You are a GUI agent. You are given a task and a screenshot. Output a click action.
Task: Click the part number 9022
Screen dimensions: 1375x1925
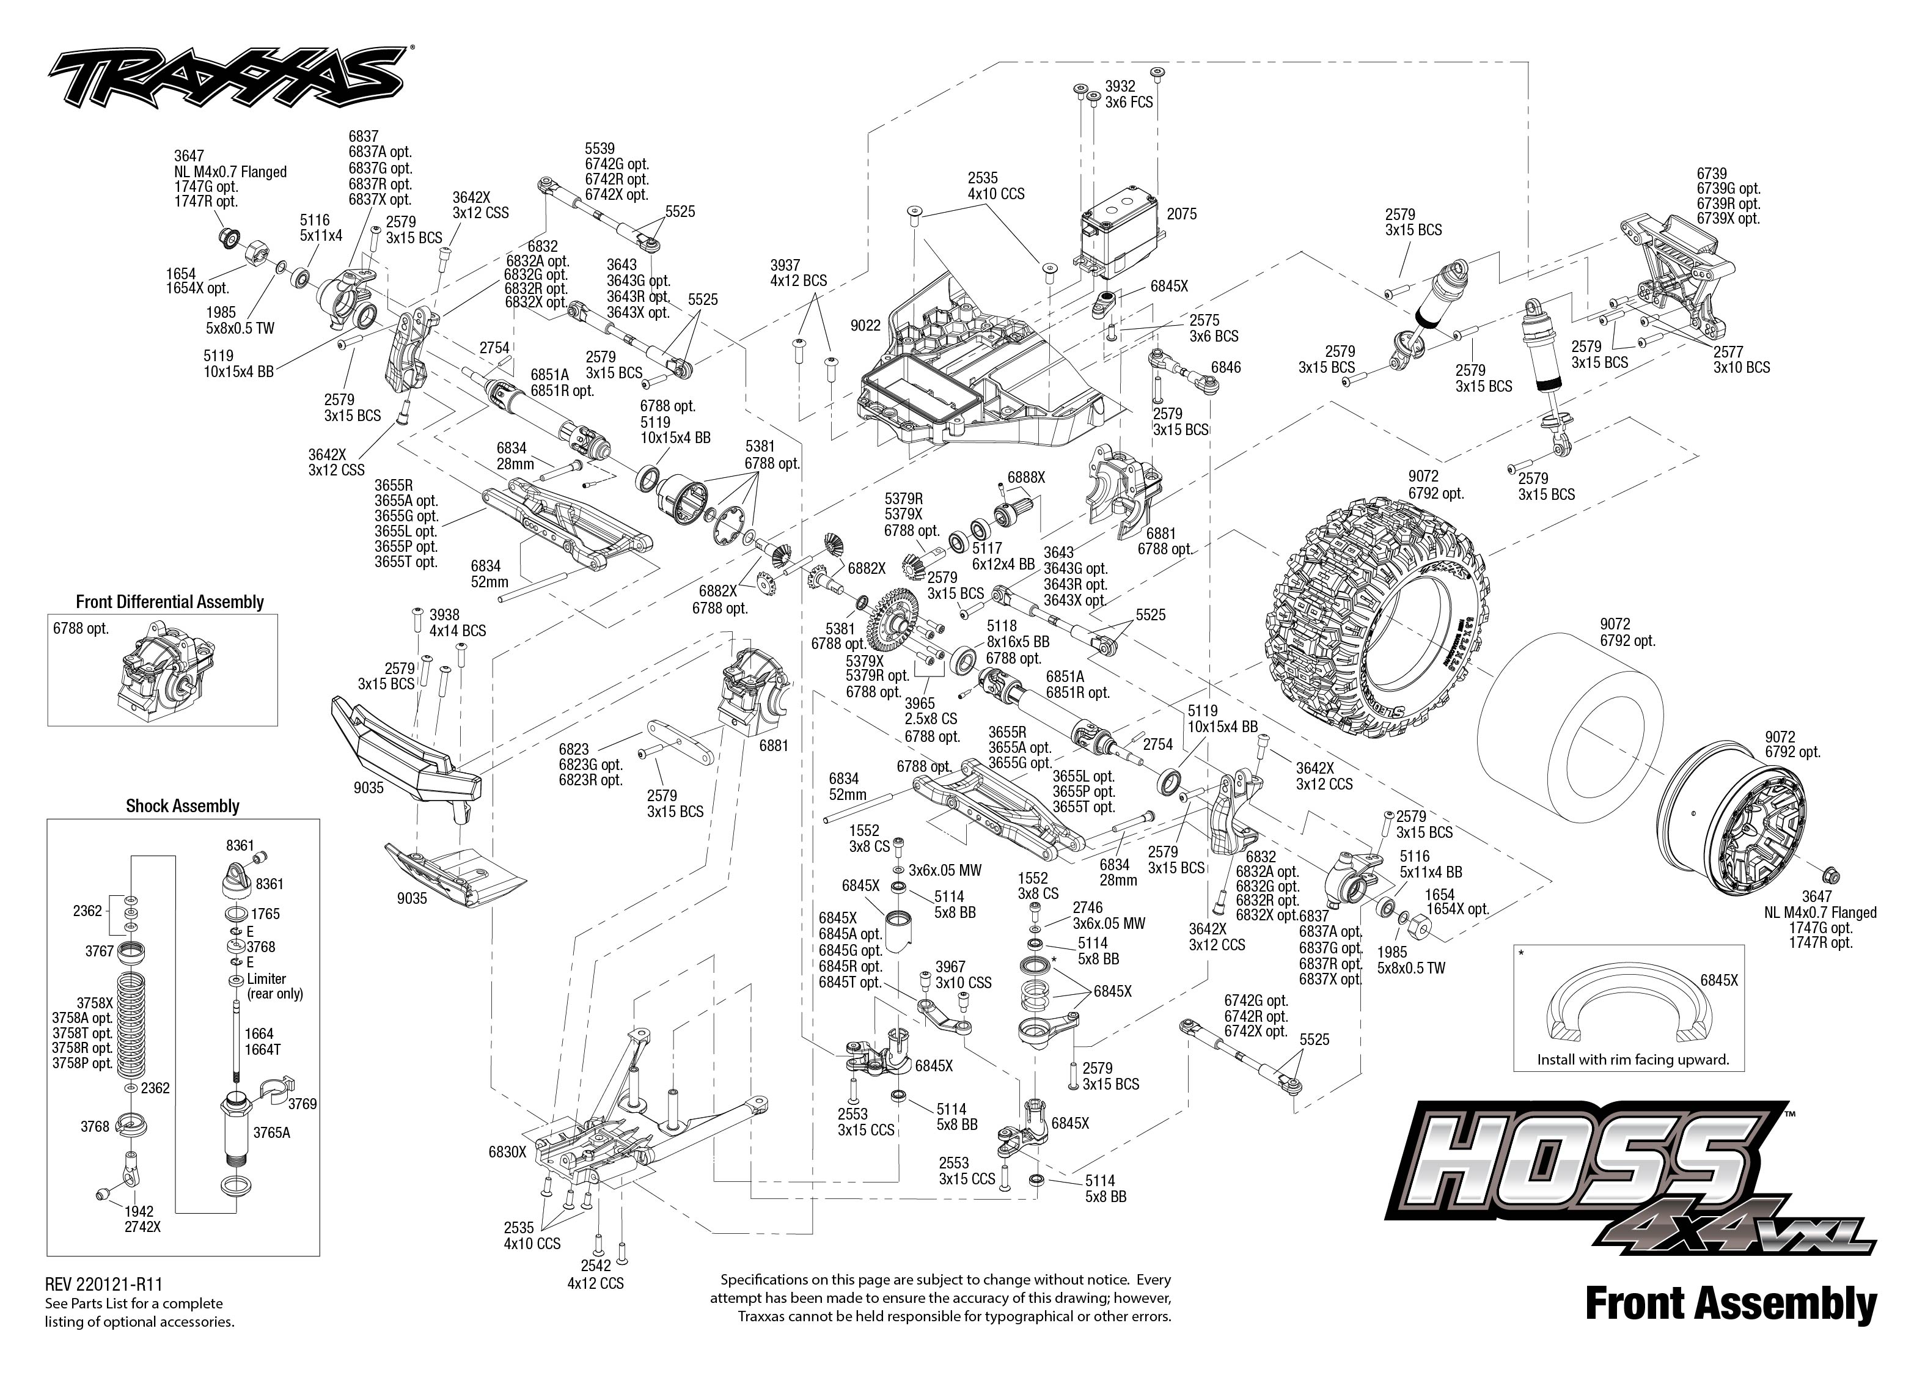[x=865, y=325]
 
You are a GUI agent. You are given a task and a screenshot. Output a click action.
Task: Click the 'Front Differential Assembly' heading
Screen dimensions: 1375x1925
[x=169, y=602]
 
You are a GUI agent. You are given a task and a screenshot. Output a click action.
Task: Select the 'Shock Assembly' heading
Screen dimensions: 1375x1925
[x=182, y=806]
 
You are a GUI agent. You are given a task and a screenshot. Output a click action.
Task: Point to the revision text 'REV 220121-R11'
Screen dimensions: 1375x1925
[x=103, y=1285]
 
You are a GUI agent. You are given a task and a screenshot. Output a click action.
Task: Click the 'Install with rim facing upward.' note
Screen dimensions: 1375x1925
[x=1633, y=1059]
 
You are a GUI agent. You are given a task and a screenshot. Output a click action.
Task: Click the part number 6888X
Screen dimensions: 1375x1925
[x=1025, y=477]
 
